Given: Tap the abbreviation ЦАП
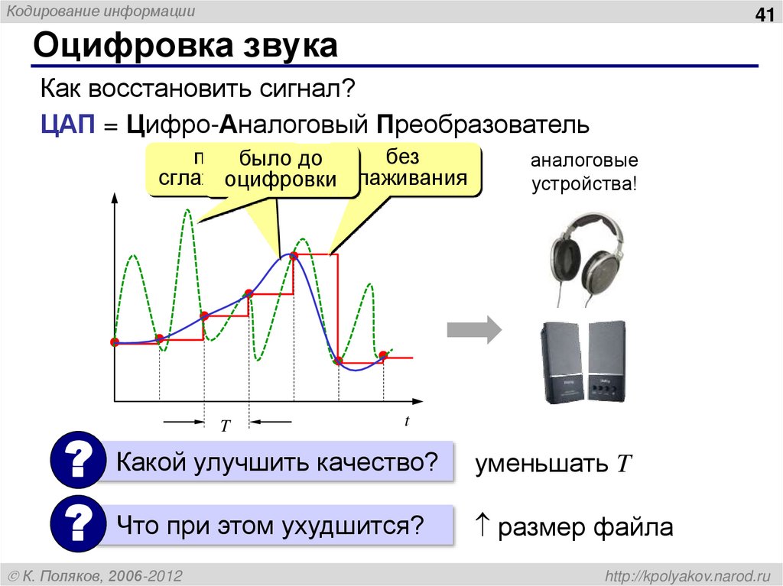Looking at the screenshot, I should point(67,125).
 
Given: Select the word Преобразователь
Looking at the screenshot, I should point(482,125).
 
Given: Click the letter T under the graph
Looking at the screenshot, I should point(226,426).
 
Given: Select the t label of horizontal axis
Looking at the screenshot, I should point(408,421).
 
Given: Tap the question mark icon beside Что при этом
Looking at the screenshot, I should point(76,525).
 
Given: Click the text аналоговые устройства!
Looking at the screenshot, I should point(584,173).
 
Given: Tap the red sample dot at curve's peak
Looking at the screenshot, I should point(294,256).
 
